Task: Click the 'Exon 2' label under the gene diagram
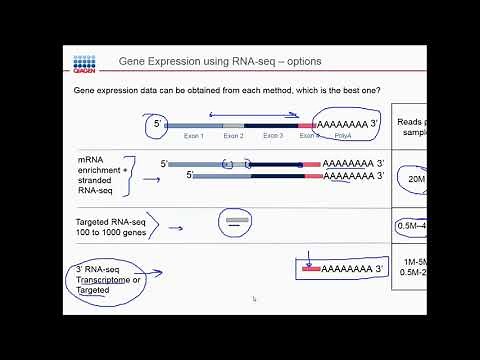pyautogui.click(x=232, y=135)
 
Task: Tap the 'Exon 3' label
pyautogui.click(x=273, y=135)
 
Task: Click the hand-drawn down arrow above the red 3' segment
pyautogui.click(x=310, y=256)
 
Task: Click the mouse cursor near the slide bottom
pyautogui.click(x=254, y=298)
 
